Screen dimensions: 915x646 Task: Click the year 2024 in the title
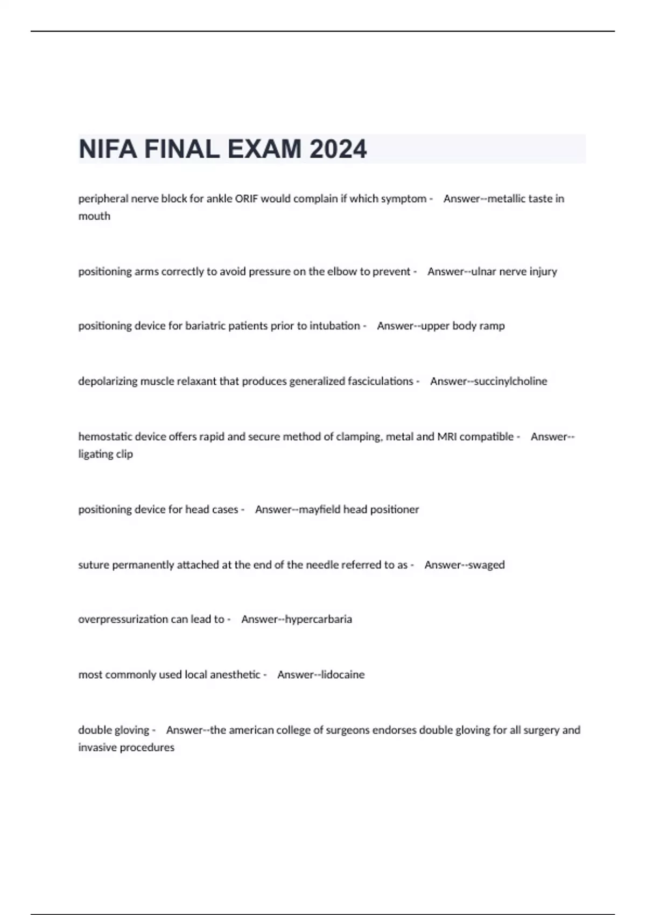click(338, 149)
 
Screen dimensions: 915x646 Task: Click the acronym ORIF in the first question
click(246, 199)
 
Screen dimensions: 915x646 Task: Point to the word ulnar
click(484, 271)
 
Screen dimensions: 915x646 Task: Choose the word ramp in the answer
click(493, 326)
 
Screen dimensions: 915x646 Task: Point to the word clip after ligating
click(124, 454)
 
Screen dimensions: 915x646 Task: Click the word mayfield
click(319, 509)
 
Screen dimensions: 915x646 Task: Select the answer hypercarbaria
click(318, 619)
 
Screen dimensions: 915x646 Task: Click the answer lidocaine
click(343, 674)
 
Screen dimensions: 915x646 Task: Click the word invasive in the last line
click(97, 747)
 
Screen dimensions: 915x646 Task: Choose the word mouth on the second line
click(94, 216)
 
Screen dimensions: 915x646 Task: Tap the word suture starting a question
click(94, 565)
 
